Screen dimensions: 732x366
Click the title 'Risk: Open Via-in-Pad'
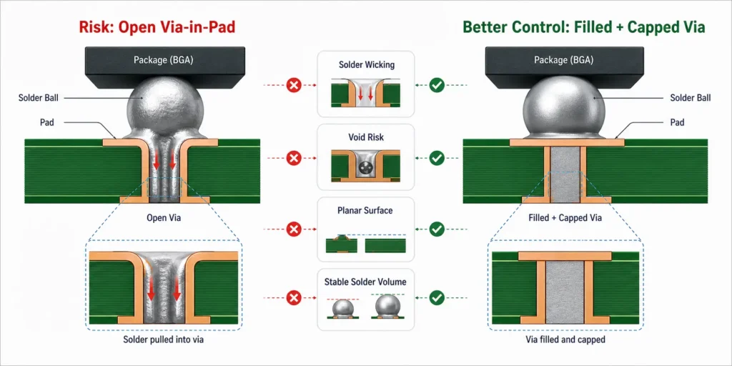point(157,27)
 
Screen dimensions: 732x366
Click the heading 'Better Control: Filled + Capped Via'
point(584,27)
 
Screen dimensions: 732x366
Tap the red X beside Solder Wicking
point(294,86)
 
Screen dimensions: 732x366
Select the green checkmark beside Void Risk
point(437,158)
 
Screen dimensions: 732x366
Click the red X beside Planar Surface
point(294,229)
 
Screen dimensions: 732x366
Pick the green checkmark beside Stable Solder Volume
point(437,297)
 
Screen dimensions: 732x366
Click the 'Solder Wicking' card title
point(366,65)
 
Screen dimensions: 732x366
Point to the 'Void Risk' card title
point(366,138)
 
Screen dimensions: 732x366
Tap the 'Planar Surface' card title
point(365,211)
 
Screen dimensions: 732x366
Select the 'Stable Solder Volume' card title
point(365,282)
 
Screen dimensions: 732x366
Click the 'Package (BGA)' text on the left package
point(164,60)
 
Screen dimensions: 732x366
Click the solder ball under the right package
point(565,107)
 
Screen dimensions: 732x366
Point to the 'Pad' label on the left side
point(46,123)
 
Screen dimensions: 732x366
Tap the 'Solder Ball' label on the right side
point(691,98)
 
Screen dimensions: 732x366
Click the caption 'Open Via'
point(164,217)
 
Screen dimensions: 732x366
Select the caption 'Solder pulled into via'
point(164,340)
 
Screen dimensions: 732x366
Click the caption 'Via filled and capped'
point(565,340)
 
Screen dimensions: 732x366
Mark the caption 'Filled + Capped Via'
point(565,217)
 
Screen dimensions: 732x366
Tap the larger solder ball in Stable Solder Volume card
point(388,306)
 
